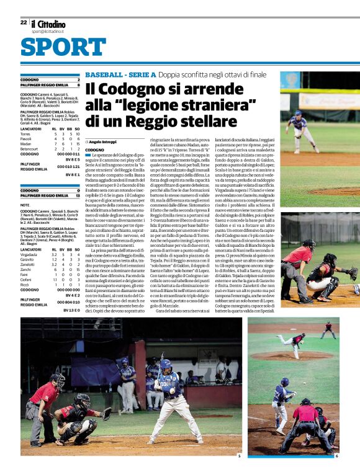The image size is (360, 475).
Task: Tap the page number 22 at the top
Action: pos(24,22)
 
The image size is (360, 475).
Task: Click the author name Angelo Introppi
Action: pos(103,141)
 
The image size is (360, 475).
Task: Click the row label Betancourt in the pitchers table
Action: pos(29,149)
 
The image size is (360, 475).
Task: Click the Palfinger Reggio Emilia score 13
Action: pos(78,195)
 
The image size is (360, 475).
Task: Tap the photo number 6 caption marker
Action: pos(336,456)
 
